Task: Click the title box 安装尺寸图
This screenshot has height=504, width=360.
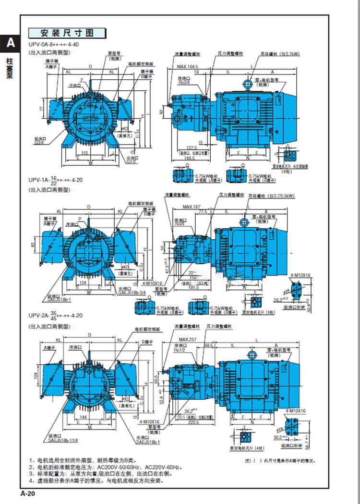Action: [x=67, y=33]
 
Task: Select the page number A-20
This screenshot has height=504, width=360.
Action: [x=28, y=492]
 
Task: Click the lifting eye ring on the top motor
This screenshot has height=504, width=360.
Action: [x=248, y=85]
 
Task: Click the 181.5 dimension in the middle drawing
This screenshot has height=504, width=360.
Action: [x=194, y=287]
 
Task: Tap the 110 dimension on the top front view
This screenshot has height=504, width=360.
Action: [x=84, y=152]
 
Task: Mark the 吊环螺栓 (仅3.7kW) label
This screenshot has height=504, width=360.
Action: [x=280, y=54]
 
